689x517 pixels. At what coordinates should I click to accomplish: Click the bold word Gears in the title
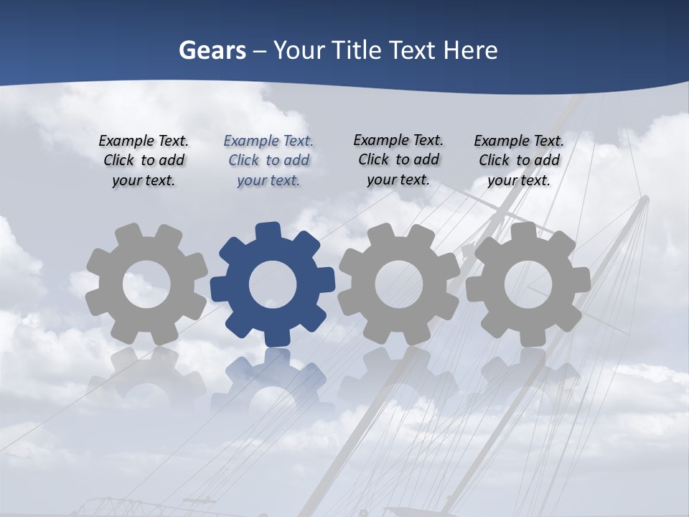[212, 50]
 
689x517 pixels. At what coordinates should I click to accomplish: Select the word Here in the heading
[470, 50]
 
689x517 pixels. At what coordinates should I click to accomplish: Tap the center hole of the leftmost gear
[146, 284]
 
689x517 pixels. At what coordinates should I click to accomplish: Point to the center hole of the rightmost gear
[528, 284]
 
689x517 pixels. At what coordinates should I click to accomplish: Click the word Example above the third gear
[380, 141]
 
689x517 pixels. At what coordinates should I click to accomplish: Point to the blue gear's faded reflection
[273, 381]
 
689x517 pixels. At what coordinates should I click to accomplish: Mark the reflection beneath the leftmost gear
[146, 381]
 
